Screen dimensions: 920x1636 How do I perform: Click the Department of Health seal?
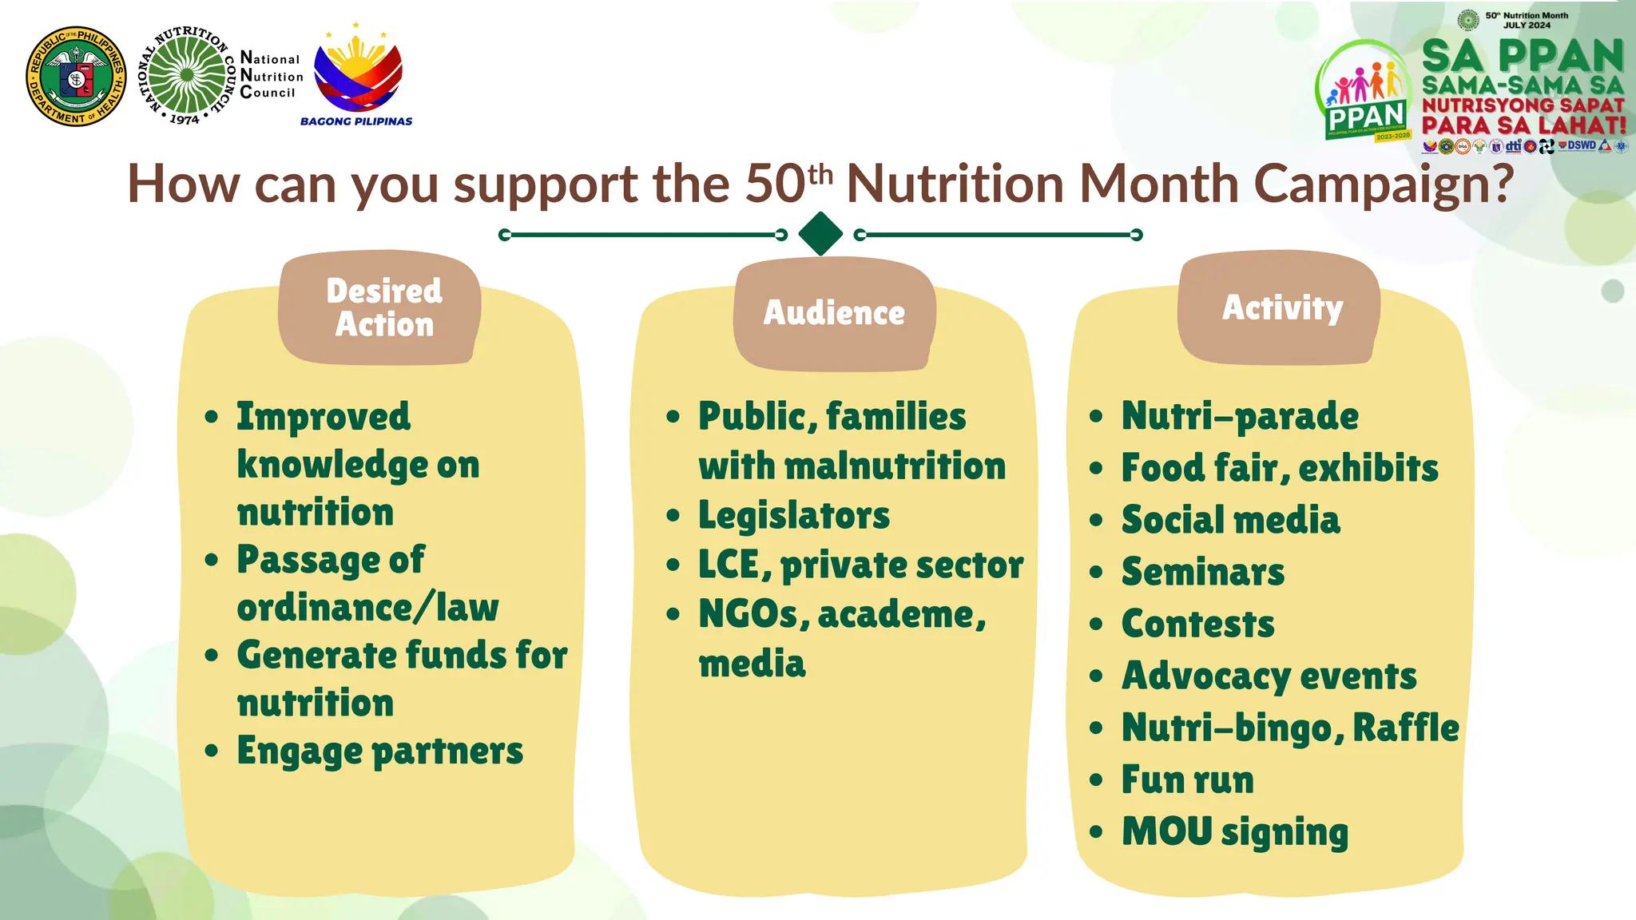pos(76,77)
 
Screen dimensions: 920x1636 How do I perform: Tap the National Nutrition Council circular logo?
pos(187,75)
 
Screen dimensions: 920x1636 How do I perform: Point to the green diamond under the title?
pos(820,234)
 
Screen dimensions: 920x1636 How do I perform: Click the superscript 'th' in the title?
pos(820,173)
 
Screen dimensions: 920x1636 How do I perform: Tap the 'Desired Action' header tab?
pos(383,308)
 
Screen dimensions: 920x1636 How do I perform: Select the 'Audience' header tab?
pos(834,313)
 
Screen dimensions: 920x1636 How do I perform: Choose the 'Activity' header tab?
pos(1282,308)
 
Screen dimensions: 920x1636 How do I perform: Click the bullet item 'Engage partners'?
pos(379,751)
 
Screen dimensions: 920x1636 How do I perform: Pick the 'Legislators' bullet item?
pos(793,516)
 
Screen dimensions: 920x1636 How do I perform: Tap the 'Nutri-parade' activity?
pos(1239,416)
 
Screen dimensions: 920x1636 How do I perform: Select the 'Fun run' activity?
pos(1187,780)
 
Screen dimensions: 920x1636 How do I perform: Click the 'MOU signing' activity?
pos(1234,832)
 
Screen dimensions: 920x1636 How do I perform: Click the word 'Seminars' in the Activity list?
pos(1203,572)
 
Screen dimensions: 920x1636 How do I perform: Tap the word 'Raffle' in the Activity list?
pos(1405,728)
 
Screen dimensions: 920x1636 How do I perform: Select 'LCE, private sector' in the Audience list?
pos(860,565)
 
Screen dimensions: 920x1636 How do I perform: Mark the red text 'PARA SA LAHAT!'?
pos(1523,125)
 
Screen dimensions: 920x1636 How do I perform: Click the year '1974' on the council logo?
pos(184,119)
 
